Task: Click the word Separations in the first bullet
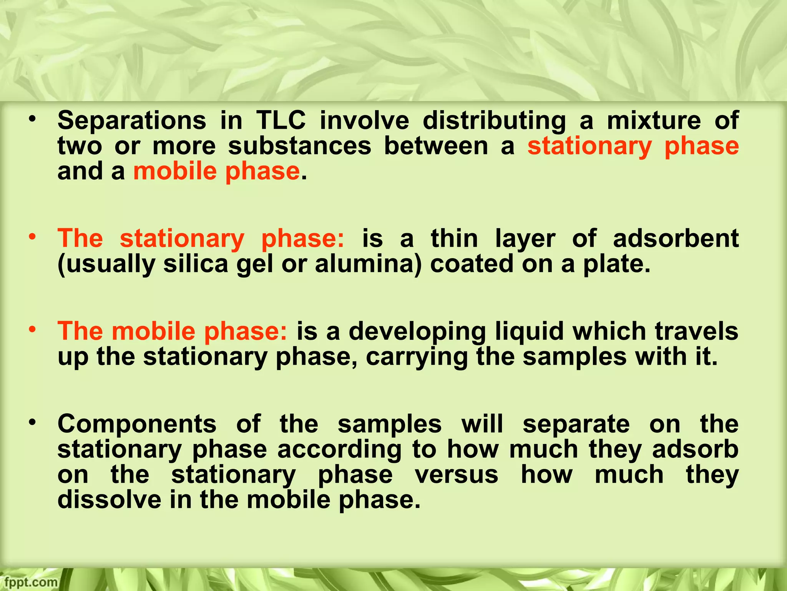click(x=131, y=121)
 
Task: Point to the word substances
click(x=299, y=146)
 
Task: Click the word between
click(x=436, y=146)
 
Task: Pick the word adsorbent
click(x=676, y=239)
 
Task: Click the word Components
click(x=137, y=425)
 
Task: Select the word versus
click(x=457, y=475)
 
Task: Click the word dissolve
click(x=110, y=500)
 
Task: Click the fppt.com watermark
click(x=29, y=582)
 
